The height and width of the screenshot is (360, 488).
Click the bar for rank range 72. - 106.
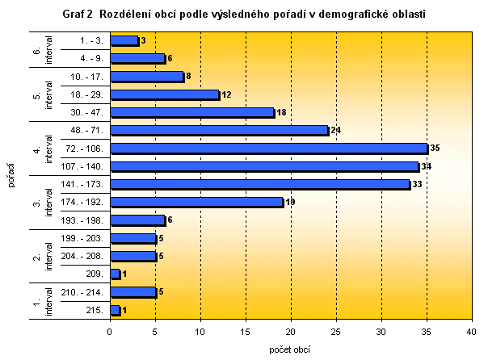[x=268, y=149]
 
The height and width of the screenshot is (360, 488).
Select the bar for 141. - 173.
[x=259, y=184]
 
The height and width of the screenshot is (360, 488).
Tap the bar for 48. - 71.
[x=219, y=130]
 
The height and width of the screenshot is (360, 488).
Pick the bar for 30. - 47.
[x=191, y=112]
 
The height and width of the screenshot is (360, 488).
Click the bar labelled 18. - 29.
[x=164, y=94]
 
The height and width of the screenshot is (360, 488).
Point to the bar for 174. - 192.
[x=196, y=202]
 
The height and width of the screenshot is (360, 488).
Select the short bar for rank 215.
[x=115, y=310]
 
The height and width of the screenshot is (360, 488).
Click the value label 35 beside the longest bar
[x=433, y=149]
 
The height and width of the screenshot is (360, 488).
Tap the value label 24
[x=334, y=130]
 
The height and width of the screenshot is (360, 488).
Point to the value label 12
[x=226, y=94]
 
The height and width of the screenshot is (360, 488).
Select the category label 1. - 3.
[x=90, y=40]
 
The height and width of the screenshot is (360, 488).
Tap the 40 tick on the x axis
[x=471, y=330]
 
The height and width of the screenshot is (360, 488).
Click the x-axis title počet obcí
[x=290, y=350]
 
